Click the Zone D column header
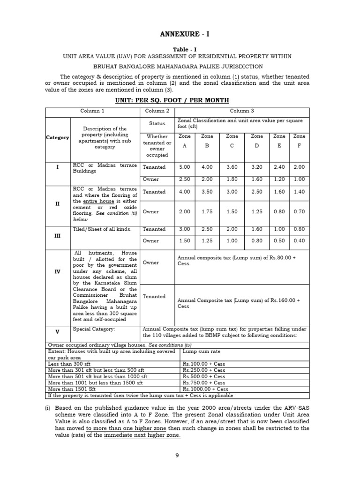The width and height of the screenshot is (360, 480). tap(257, 141)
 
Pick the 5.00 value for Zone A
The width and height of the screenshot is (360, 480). tap(184, 167)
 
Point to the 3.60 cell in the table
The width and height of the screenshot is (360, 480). tap(232, 167)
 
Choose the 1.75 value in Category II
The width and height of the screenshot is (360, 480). tap(207, 211)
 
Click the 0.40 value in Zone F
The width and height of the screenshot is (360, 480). tap(299, 240)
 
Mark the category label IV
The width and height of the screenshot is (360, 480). tap(57, 272)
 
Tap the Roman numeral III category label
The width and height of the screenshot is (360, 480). tap(57, 235)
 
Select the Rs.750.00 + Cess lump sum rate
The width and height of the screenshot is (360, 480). tap(204, 382)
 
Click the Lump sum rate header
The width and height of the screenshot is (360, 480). tap(201, 351)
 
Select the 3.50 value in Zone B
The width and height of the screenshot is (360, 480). tap(207, 192)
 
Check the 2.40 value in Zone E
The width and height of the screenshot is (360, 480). tap(279, 167)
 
